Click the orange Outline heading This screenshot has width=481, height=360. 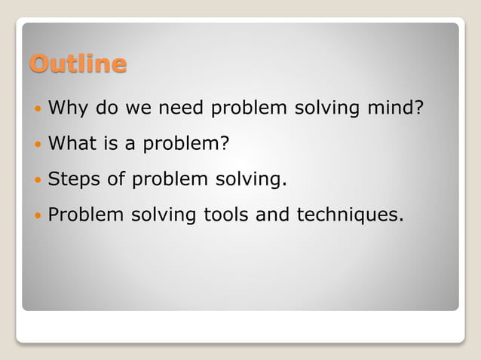(x=78, y=63)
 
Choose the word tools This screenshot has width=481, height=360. (x=226, y=215)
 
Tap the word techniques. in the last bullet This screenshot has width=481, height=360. (x=351, y=215)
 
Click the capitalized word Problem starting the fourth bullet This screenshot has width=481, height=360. (x=85, y=215)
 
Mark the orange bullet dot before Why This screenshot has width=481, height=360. (x=39, y=109)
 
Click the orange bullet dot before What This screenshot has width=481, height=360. (x=39, y=145)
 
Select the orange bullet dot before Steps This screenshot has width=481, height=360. (x=39, y=180)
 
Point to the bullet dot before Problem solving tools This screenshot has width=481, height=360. (x=39, y=216)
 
